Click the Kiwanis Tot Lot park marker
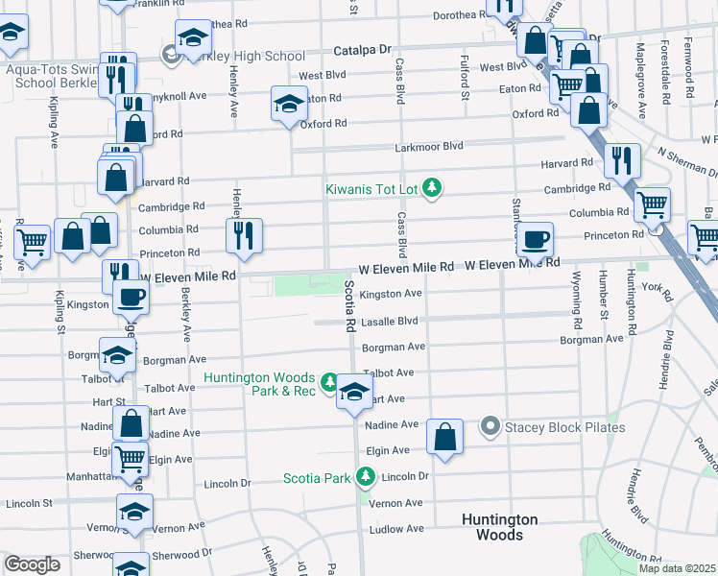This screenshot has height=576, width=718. [432, 186]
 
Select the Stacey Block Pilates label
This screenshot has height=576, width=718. [565, 426]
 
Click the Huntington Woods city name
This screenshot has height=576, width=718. [499, 527]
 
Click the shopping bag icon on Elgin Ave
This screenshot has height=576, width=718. [445, 436]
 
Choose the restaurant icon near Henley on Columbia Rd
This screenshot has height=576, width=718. [244, 235]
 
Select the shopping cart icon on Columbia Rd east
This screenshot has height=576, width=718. [653, 204]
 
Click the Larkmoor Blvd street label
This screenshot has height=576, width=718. [429, 146]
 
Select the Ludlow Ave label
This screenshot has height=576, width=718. [398, 528]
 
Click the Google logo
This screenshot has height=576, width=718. [32, 564]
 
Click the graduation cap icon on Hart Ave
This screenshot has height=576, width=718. [354, 392]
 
